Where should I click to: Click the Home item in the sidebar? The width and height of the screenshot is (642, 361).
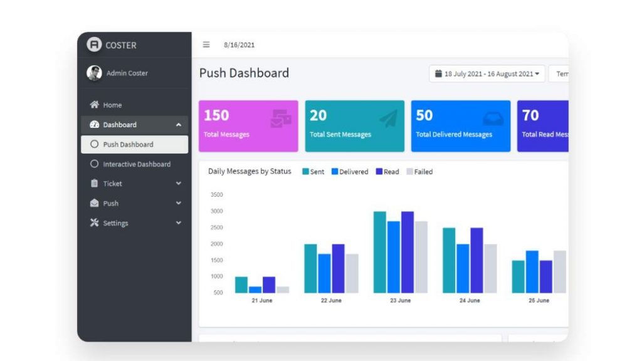[112, 105]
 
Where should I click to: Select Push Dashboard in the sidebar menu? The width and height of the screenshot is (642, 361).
[128, 144]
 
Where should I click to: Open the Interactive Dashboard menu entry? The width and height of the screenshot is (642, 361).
[136, 164]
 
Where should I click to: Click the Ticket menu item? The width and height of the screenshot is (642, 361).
[112, 184]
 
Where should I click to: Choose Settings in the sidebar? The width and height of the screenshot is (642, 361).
[115, 223]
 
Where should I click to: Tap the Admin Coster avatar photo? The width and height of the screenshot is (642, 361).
[94, 73]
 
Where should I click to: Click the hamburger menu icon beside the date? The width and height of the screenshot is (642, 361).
[206, 44]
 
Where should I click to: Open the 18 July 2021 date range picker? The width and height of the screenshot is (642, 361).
[487, 74]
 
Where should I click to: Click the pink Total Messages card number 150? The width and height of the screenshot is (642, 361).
[216, 115]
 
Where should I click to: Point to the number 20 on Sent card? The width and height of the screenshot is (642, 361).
[318, 115]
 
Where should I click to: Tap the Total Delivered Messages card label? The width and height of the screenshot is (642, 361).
[454, 135]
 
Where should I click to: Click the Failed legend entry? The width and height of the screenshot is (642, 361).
[419, 172]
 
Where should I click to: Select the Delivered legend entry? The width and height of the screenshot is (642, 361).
[350, 172]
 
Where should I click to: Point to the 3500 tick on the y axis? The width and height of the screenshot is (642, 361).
[216, 195]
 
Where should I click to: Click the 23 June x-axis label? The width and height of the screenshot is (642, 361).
[400, 301]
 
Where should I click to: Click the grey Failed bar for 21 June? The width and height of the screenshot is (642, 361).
[283, 290]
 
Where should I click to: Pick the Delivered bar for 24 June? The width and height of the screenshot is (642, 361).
[463, 268]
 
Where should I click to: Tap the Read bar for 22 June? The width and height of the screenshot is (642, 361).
[339, 268]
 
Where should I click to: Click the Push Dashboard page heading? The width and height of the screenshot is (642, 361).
[244, 73]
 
